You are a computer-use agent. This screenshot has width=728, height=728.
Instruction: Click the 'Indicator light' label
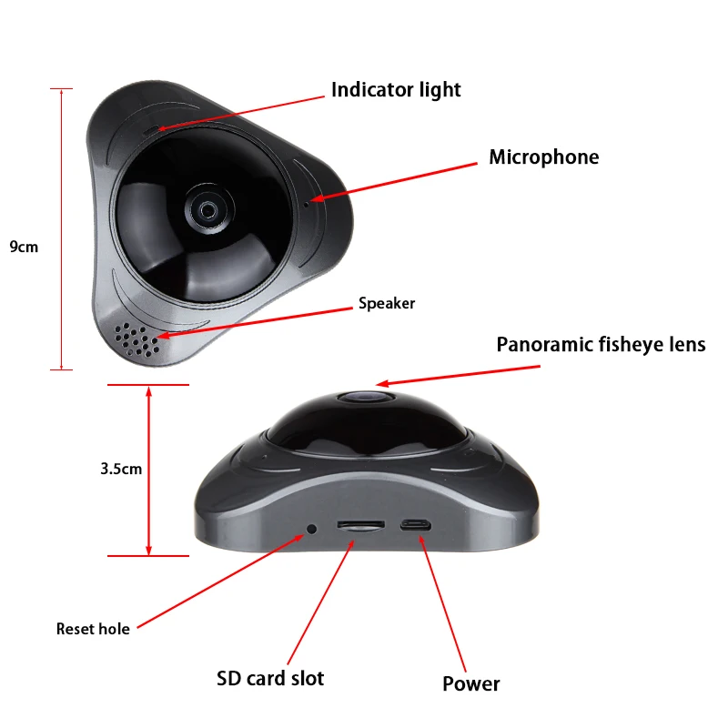coord(396,90)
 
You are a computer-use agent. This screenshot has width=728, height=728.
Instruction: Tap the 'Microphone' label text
coord(543,157)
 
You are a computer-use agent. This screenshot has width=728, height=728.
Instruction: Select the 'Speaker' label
coord(387,303)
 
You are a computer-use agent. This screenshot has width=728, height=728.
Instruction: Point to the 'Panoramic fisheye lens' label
coord(601,345)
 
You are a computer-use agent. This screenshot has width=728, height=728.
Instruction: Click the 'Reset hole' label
coord(93,629)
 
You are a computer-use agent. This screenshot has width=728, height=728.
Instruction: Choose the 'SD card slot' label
coord(270,678)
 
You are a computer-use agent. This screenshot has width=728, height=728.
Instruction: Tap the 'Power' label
coord(470,683)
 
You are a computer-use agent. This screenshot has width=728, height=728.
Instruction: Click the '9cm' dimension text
coord(24,247)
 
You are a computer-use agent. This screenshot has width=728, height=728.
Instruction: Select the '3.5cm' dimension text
coord(121,469)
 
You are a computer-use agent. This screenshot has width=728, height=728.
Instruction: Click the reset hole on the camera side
coord(312,529)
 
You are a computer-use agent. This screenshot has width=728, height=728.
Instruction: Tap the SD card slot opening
coord(360,525)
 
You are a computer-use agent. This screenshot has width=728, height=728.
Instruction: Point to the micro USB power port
coord(416,525)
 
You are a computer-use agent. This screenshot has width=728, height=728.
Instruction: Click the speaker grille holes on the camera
coord(137,340)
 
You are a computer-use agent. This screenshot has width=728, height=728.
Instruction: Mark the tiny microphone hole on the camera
coord(306,203)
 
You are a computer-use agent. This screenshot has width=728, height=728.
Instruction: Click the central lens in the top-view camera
coord(207,211)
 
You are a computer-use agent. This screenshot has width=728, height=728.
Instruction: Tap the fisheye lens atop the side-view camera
coord(367,397)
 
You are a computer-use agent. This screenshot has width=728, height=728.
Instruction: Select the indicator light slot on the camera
coord(150,130)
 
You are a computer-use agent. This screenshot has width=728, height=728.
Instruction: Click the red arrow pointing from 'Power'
coord(442,603)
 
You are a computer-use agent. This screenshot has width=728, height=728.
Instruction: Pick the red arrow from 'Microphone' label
coord(394,181)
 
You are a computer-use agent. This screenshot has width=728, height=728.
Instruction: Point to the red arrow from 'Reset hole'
coord(220,581)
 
